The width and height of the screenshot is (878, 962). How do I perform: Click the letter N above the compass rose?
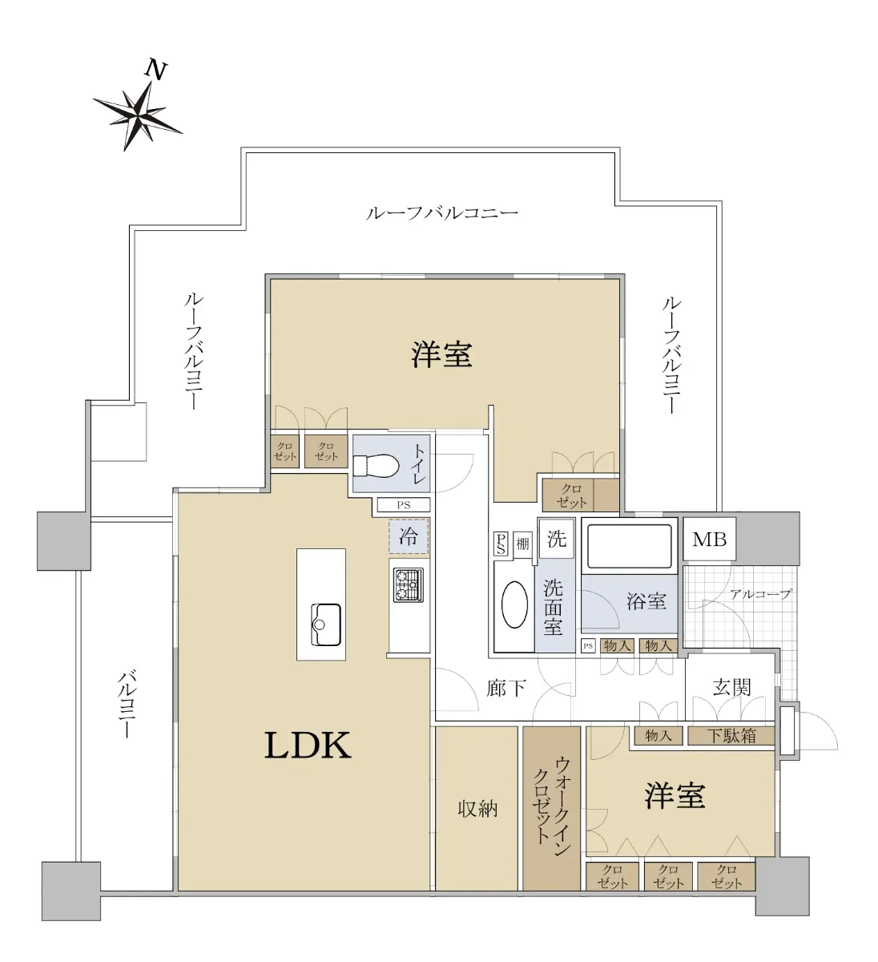pyautogui.click(x=156, y=70)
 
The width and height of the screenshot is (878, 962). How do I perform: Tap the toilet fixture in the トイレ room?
pyautogui.click(x=377, y=465)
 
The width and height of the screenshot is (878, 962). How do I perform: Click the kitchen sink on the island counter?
pyautogui.click(x=326, y=624)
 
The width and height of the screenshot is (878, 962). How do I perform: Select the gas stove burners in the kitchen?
pyautogui.click(x=409, y=584)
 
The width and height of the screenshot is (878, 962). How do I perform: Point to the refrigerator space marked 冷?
pyautogui.click(x=409, y=536)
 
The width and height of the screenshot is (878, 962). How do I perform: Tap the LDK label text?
pyautogui.click(x=308, y=746)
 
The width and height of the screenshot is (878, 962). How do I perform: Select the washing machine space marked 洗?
pyautogui.click(x=557, y=539)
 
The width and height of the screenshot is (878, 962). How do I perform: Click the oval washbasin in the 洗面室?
pyautogui.click(x=514, y=604)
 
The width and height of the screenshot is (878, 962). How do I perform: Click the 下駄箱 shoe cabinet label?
pyautogui.click(x=731, y=735)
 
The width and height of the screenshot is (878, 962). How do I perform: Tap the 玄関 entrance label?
pyautogui.click(x=731, y=687)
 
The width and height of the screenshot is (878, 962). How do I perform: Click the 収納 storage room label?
pyautogui.click(x=477, y=809)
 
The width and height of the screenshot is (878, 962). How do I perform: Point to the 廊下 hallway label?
pyautogui.click(x=506, y=689)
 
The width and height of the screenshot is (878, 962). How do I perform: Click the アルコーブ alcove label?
pyautogui.click(x=760, y=594)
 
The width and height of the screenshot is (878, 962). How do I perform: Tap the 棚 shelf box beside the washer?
pyautogui.click(x=522, y=544)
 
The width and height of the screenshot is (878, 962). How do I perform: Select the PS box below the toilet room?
pyautogui.click(x=404, y=505)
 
